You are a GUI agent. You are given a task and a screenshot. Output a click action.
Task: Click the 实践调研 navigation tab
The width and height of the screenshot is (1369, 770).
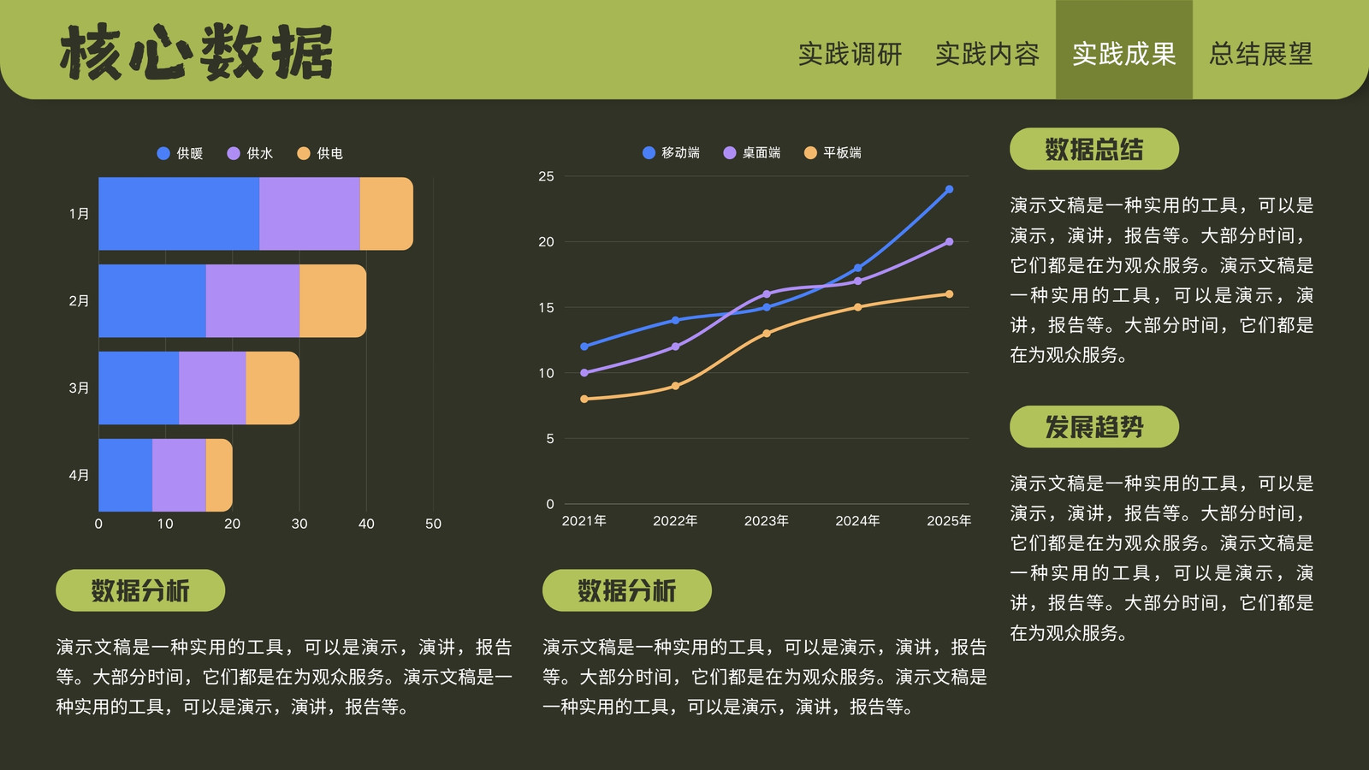(850, 54)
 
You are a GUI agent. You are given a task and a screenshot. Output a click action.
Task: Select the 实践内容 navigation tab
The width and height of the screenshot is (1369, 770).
(987, 54)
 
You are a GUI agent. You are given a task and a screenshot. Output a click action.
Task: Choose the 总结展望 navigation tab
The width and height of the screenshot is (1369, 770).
(1261, 54)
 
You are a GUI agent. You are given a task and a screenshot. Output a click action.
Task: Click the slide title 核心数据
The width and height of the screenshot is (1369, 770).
(196, 52)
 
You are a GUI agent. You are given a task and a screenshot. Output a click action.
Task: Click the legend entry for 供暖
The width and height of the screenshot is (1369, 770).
(180, 153)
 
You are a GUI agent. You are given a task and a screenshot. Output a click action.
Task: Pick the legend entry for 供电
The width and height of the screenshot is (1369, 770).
(320, 153)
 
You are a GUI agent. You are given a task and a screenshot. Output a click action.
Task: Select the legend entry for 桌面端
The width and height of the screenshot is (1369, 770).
(752, 153)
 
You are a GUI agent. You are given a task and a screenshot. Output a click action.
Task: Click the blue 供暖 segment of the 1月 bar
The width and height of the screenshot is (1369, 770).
(179, 214)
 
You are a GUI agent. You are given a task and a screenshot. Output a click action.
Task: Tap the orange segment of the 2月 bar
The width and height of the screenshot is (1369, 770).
(333, 300)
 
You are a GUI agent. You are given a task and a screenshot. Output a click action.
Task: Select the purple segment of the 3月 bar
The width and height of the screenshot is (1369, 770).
(213, 388)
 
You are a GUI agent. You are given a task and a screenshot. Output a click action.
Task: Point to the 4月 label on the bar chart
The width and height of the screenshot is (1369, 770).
(79, 475)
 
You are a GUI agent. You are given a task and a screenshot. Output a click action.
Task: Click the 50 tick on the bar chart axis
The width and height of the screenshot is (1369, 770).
(433, 524)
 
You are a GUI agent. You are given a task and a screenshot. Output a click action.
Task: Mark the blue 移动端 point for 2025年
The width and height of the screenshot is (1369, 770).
(949, 189)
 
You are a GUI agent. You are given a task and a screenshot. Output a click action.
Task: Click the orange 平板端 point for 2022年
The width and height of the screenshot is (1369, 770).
(675, 386)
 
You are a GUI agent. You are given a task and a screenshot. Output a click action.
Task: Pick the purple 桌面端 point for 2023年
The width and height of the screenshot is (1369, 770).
(767, 294)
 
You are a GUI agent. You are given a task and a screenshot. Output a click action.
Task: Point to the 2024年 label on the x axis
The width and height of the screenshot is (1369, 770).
(857, 521)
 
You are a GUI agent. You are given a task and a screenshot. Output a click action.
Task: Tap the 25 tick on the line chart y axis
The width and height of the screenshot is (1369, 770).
(547, 176)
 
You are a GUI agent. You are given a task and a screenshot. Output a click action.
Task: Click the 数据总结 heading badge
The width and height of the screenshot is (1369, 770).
(1094, 149)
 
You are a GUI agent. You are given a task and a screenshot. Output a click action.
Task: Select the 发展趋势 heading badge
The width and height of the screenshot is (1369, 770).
(1094, 427)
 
